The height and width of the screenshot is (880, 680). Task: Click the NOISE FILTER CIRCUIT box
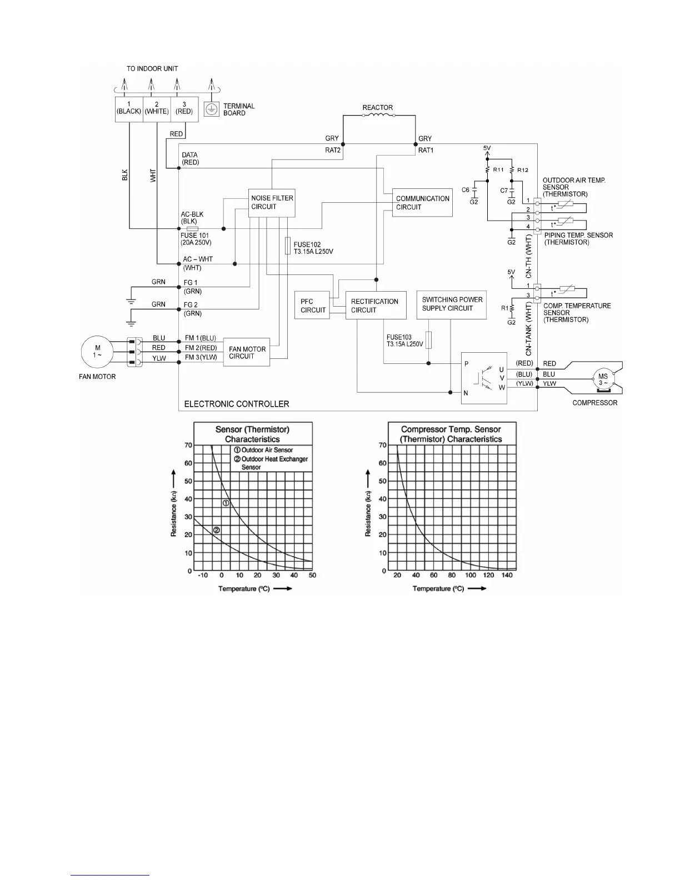[x=272, y=202]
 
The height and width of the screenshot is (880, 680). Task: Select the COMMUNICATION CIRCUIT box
[x=422, y=203]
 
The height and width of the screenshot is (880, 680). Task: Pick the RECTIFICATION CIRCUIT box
[x=374, y=306]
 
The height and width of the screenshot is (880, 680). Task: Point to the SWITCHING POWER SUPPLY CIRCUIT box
[x=451, y=304]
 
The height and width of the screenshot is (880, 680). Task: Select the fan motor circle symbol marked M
[x=98, y=352]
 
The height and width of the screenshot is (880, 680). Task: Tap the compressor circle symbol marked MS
[x=602, y=379]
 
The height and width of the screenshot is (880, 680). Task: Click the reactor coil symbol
[x=378, y=116]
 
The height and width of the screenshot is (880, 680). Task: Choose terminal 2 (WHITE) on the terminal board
[x=157, y=108]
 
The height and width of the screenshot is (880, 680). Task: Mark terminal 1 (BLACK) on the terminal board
[x=129, y=108]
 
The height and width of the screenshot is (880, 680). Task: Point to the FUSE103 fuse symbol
[x=428, y=339]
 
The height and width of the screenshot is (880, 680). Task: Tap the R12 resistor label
[x=522, y=170]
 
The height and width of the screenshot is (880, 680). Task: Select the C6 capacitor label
[x=466, y=190]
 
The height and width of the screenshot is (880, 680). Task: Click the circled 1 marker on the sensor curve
[x=226, y=503]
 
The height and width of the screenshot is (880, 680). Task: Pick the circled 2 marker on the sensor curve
[x=217, y=530]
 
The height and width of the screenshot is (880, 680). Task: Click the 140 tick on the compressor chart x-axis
[x=507, y=575]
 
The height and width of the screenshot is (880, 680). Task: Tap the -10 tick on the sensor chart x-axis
[x=203, y=575]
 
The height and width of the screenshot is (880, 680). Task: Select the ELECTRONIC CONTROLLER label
[x=236, y=404]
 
